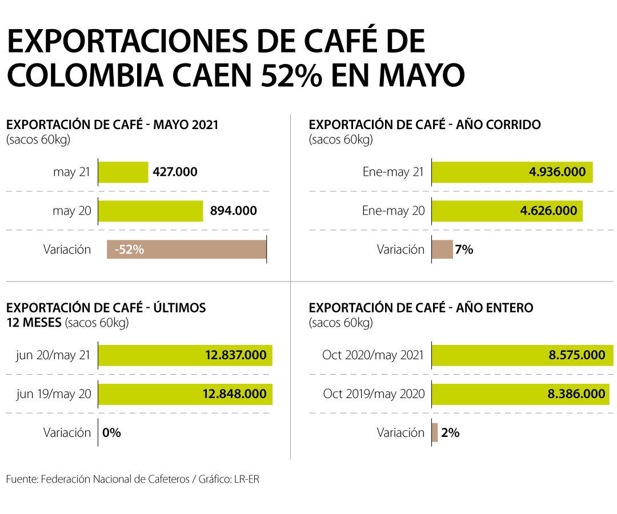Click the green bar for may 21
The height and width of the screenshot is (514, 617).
coord(123,172)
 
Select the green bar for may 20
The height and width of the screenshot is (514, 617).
coord(151,211)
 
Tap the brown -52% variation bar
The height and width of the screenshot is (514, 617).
coord(186,250)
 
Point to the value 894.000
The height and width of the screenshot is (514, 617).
coord(233,211)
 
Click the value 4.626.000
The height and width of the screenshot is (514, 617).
coord(548,211)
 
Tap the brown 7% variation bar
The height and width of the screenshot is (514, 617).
coord(442,250)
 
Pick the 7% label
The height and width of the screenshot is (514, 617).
coord(464,250)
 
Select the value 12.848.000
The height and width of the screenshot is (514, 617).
coord(234,394)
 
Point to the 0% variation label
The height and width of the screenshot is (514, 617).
coord(111,433)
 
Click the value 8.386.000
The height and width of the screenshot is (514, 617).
coord(577,394)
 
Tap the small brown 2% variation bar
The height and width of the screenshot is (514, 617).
coord(435,432)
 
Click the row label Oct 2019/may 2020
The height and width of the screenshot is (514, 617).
coord(374,394)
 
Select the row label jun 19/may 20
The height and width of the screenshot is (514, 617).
coord(54,394)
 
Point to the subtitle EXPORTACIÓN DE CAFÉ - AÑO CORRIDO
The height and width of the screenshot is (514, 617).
coord(424,125)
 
